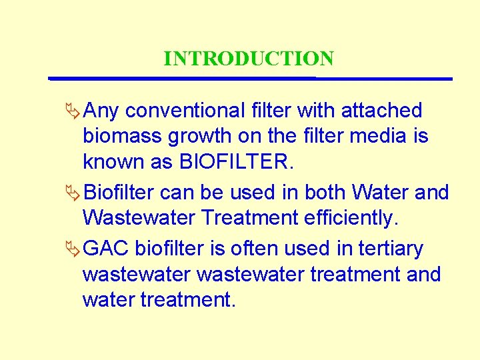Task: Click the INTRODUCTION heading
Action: click(x=249, y=59)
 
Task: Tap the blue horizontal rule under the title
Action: click(x=251, y=79)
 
